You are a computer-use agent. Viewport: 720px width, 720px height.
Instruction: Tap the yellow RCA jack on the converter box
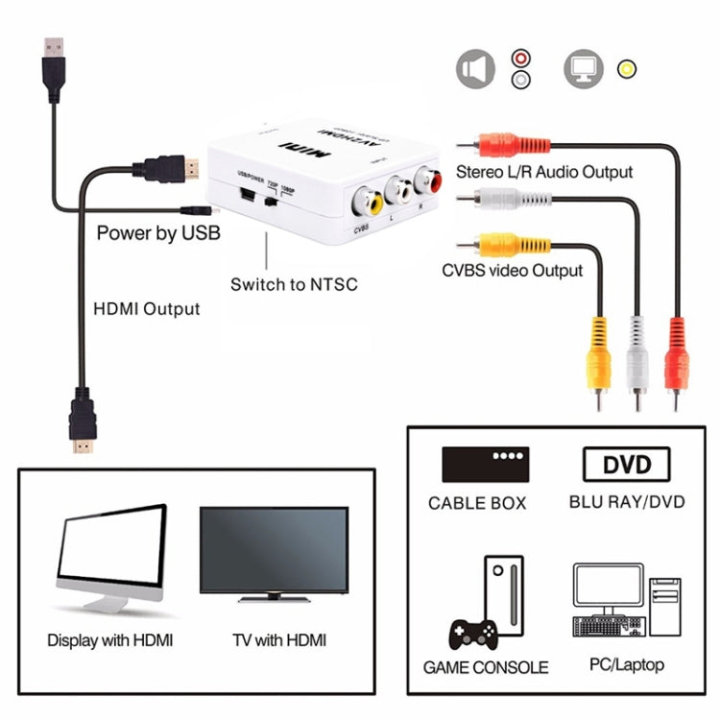tap(370, 201)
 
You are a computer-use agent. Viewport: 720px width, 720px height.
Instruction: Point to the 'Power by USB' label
tap(158, 232)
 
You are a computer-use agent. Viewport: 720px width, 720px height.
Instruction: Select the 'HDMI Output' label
tap(146, 309)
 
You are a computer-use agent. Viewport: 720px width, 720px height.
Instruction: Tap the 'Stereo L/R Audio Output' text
tap(544, 172)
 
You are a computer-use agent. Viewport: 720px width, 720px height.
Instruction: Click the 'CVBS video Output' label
tap(512, 270)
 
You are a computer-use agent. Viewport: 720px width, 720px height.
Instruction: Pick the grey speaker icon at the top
tap(475, 70)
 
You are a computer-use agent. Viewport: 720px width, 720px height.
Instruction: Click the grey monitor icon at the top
tap(583, 70)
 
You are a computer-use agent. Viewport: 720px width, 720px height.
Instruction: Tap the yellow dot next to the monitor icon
tap(628, 69)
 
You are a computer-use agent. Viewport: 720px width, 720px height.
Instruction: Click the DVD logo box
tap(626, 465)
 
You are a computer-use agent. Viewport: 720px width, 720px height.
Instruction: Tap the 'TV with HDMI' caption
tap(278, 639)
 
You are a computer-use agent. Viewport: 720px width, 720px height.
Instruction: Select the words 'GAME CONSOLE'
tap(486, 666)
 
